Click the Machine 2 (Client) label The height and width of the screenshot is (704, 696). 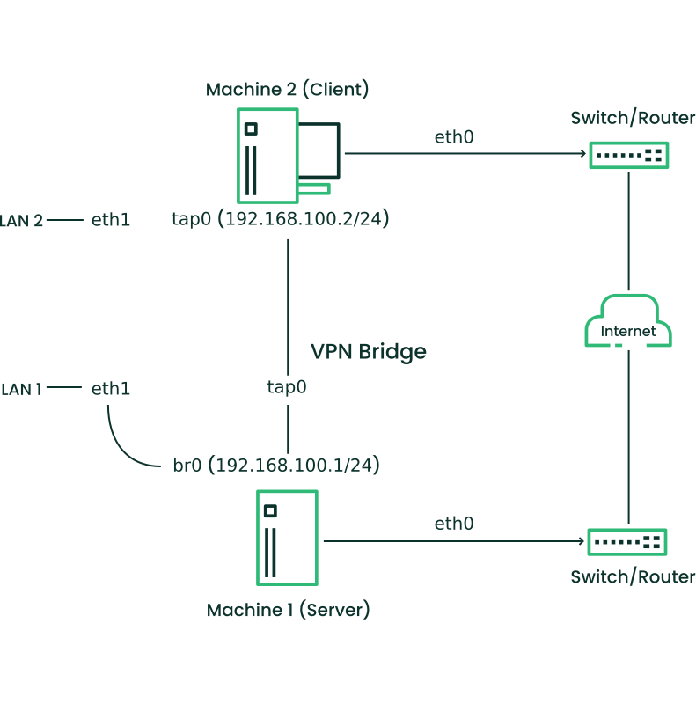(x=287, y=90)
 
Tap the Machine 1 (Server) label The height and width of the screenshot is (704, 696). (x=288, y=610)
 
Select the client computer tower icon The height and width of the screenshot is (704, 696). (x=267, y=156)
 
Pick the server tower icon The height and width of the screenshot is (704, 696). (x=287, y=538)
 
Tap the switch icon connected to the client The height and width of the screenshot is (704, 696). (x=628, y=156)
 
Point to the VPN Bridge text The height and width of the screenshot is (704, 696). (x=368, y=352)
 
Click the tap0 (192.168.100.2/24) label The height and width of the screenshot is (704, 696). (x=280, y=219)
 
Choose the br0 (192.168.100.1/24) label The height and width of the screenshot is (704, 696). (x=276, y=465)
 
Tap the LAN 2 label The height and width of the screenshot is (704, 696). (x=21, y=220)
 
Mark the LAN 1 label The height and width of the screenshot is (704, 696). (x=21, y=388)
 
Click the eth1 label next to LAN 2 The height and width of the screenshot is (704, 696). (x=111, y=220)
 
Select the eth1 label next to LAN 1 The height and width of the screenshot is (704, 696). (x=111, y=388)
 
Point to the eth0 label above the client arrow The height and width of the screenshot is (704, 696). (x=454, y=137)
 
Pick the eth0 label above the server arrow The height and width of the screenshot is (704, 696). (x=454, y=524)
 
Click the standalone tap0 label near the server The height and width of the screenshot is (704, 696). (x=287, y=386)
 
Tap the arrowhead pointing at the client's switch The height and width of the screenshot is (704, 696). (x=582, y=156)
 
